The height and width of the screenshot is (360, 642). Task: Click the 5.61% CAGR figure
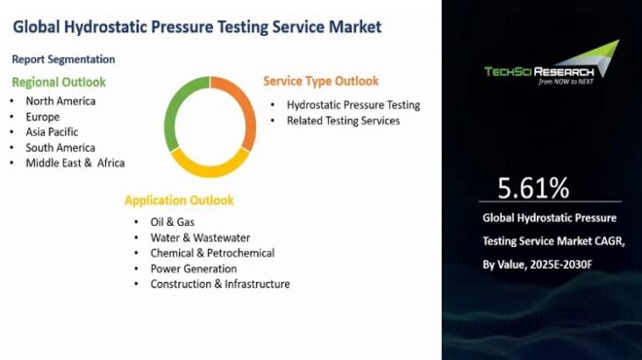click(x=533, y=188)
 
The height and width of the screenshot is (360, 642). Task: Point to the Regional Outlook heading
click(x=59, y=82)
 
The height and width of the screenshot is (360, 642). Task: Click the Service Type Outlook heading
click(x=321, y=81)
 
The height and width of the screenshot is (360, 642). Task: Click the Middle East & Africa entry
click(x=76, y=162)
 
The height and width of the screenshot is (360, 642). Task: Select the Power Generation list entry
click(x=194, y=269)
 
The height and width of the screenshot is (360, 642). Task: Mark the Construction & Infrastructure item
click(x=220, y=284)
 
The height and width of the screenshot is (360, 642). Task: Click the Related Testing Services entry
click(x=342, y=121)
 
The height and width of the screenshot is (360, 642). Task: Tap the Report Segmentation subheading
click(x=64, y=58)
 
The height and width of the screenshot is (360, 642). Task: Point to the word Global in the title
click(x=40, y=26)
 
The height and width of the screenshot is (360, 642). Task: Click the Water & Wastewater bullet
click(x=199, y=237)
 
